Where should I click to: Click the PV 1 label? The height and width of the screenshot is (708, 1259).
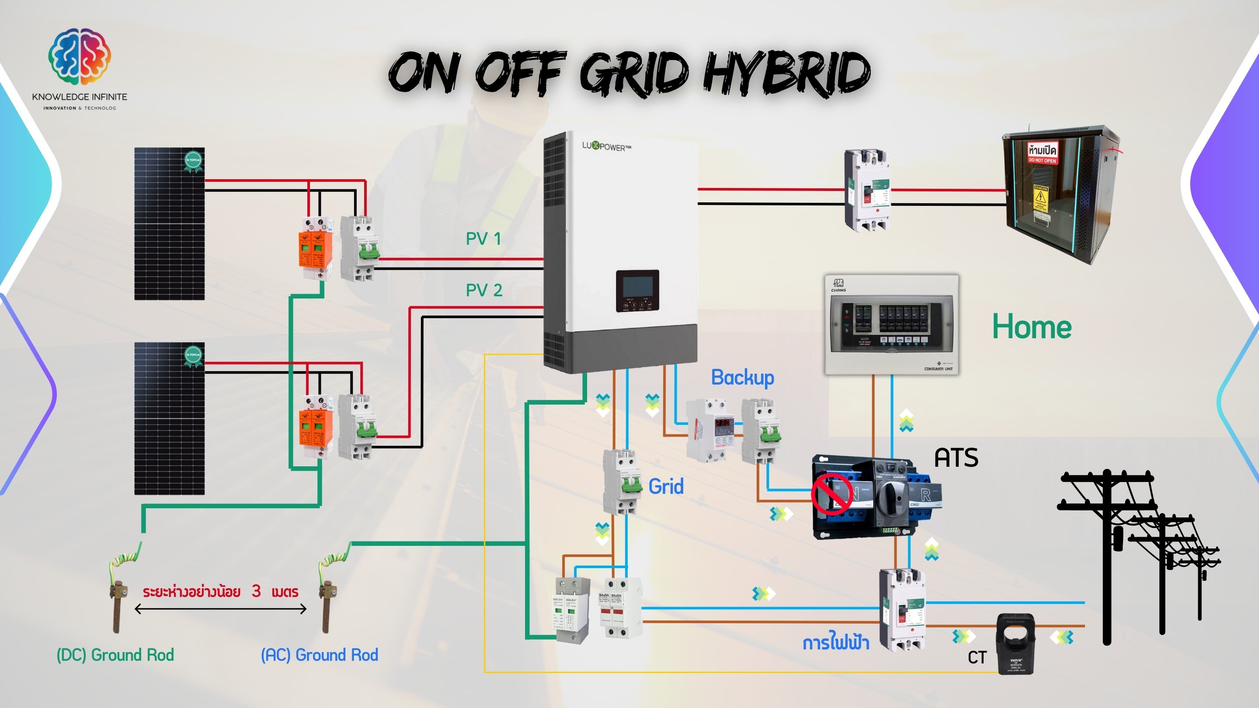483,239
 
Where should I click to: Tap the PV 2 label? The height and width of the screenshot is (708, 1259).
483,290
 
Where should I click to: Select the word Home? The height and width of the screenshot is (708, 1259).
1031,327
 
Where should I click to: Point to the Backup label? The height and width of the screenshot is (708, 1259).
742,378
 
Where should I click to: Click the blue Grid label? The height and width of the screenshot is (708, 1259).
666,487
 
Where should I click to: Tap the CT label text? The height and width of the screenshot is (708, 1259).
977,658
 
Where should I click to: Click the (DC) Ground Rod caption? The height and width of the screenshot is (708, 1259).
115,655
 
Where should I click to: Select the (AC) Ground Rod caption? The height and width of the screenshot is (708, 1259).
320,655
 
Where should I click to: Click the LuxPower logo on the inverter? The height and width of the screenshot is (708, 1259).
606,146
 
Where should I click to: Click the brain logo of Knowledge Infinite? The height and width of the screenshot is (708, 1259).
80,56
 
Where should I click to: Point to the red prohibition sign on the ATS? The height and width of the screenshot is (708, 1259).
832,494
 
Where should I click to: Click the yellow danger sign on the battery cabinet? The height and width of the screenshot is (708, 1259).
1040,198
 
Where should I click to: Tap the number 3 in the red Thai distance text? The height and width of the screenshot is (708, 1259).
256,591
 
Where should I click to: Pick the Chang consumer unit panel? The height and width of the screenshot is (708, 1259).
891,324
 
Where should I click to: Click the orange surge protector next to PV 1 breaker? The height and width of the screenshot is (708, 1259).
315,249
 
